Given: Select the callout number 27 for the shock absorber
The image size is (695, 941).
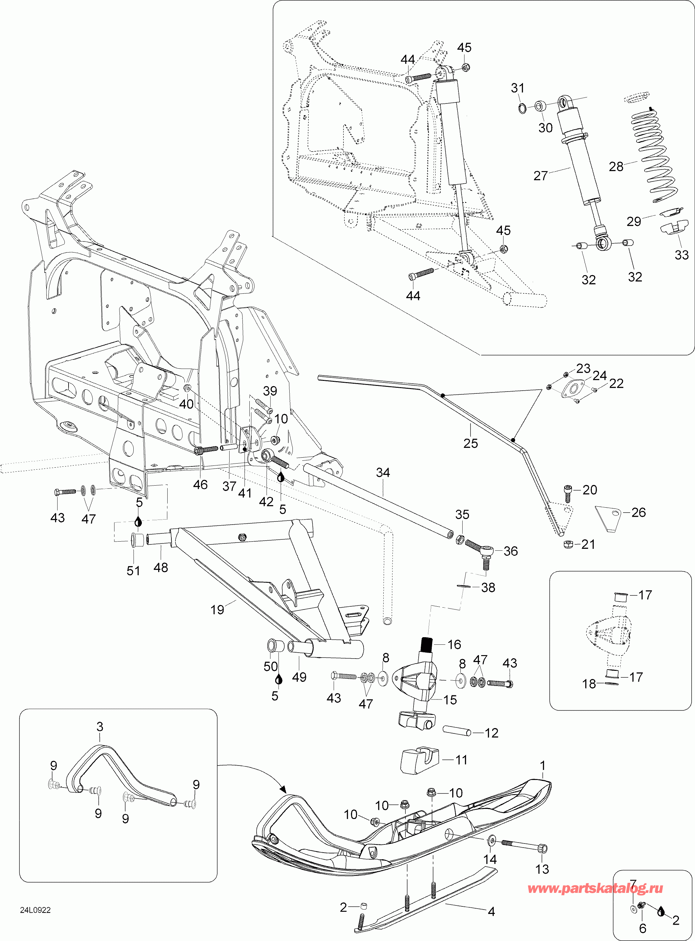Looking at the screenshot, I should click(540, 175).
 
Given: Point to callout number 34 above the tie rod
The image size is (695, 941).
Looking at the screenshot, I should click(383, 472).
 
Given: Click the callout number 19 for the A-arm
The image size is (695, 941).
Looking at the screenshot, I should click(217, 610).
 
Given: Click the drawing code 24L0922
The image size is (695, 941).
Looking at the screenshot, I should click(35, 910).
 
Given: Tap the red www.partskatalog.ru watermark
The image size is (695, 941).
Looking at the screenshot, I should click(595, 888).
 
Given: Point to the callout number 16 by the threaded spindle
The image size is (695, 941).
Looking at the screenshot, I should click(454, 644).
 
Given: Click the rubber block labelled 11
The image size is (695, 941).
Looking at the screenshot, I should click(419, 760).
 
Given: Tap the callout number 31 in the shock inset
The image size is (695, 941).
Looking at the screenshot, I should click(517, 88).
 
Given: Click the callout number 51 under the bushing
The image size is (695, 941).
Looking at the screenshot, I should click(133, 571).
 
